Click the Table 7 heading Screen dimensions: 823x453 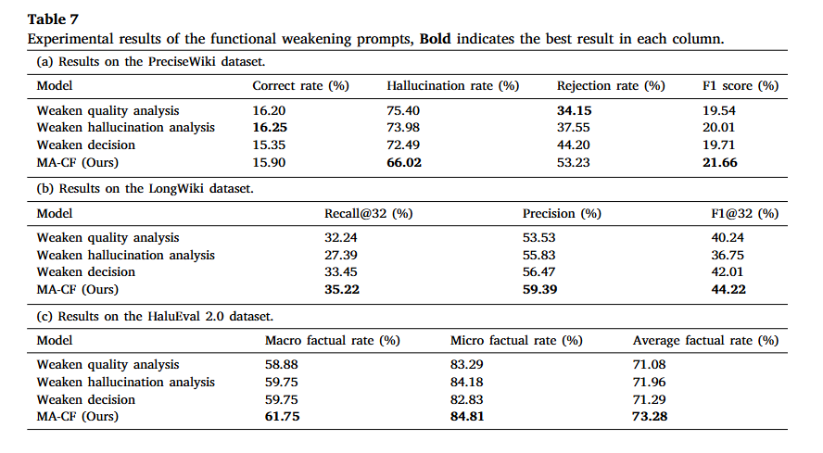click(53, 19)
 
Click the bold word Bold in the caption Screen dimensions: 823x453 click(435, 39)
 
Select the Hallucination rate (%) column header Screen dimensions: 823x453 click(453, 86)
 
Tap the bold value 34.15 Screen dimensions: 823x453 click(575, 111)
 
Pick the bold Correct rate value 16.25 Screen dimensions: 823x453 click(270, 128)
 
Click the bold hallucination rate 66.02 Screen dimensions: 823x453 click(404, 163)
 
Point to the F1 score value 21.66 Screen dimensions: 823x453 click(720, 163)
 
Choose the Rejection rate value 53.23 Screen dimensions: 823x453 click(573, 163)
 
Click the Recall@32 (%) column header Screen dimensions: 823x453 click(369, 214)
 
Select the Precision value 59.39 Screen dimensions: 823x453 click(539, 289)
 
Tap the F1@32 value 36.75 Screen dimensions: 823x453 click(728, 255)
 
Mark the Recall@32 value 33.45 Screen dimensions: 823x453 click(341, 272)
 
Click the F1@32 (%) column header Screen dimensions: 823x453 click(745, 214)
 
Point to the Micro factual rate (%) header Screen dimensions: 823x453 click(516, 341)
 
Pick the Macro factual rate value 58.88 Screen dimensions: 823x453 click(282, 364)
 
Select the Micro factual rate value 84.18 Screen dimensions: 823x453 click(466, 383)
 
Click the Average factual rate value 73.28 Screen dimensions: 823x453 click(650, 416)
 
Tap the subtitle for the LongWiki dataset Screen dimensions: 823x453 click(145, 189)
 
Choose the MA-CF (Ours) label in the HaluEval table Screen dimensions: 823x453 click(78, 416)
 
